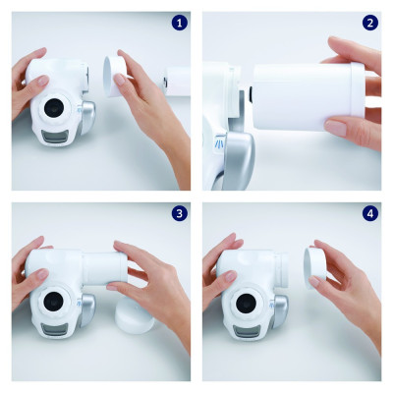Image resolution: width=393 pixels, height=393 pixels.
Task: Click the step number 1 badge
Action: click(179, 22)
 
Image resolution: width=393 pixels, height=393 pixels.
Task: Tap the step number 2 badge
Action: click(369, 22)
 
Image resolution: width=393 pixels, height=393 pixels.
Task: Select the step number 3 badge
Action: click(179, 213)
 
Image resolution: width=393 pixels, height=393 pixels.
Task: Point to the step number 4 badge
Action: click(369, 213)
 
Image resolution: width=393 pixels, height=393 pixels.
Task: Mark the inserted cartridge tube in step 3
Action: click(102, 268)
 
